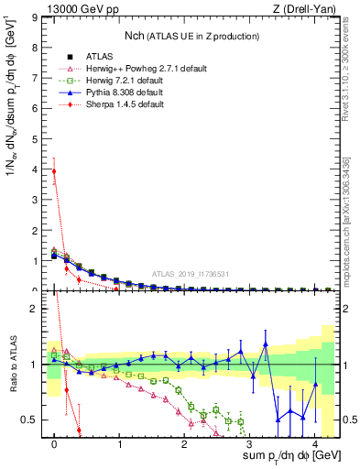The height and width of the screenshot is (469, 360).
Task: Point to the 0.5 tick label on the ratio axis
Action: point(30,420)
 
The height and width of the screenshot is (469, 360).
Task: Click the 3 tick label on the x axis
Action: point(250,442)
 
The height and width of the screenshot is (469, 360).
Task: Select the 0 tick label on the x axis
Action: point(54,442)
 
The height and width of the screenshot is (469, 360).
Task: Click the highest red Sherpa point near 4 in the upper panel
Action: point(54,171)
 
